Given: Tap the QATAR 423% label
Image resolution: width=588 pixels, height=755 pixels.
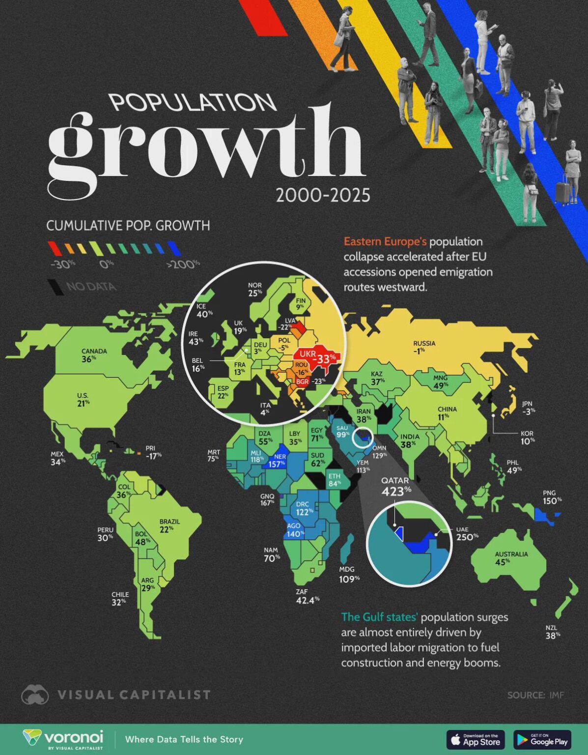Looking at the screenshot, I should click(x=396, y=486).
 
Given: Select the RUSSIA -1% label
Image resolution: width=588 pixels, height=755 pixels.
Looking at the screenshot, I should click(x=424, y=347).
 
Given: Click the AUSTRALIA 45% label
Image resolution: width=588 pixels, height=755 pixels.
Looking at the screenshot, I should click(x=511, y=558).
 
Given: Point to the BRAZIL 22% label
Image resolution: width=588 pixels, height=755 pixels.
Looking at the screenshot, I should click(x=169, y=525).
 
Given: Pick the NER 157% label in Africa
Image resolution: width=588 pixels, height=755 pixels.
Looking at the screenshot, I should click(x=277, y=461).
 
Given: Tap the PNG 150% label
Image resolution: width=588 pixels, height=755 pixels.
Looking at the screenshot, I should click(x=552, y=497).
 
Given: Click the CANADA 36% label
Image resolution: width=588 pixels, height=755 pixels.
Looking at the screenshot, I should click(x=94, y=355).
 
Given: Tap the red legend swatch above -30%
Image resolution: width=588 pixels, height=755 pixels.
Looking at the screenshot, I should click(x=55, y=248).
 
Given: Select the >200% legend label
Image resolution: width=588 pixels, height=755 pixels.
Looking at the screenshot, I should click(x=183, y=264).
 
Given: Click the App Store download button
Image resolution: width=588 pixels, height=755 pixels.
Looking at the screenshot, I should click(x=476, y=739).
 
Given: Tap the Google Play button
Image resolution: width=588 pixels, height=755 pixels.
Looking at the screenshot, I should click(x=542, y=739).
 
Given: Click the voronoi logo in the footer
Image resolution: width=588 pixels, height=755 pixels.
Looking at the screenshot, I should click(x=64, y=739).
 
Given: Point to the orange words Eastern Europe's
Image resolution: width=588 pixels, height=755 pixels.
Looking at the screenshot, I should click(x=385, y=241).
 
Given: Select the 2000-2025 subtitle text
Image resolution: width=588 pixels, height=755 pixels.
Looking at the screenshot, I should click(x=323, y=196).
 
